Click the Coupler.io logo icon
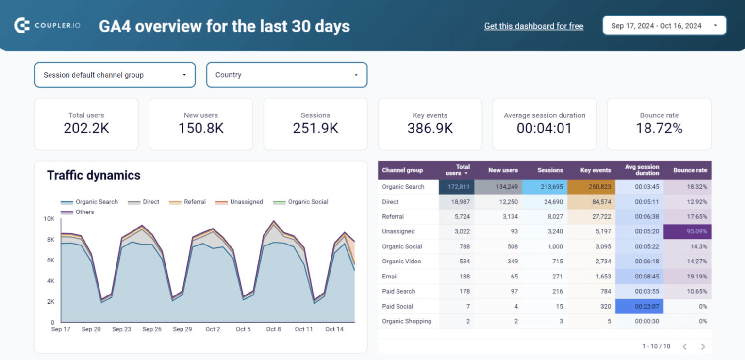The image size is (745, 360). (x=22, y=26)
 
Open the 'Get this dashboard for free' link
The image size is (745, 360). (x=533, y=26)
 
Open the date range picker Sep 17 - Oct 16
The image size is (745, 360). (x=664, y=26)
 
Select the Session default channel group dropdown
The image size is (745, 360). (x=115, y=75)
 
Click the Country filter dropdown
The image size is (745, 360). (x=286, y=75)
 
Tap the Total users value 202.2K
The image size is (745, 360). (x=86, y=129)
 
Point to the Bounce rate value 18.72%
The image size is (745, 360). (x=659, y=129)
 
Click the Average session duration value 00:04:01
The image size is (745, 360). (x=544, y=129)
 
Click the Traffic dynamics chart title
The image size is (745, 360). (x=94, y=175)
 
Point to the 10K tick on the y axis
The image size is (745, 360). (x=49, y=219)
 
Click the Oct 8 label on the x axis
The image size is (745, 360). (x=273, y=329)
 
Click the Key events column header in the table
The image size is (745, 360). (x=595, y=170)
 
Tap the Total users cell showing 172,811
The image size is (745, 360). (x=456, y=187)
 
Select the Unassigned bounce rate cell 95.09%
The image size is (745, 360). (x=687, y=232)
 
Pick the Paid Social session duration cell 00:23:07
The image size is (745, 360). (x=639, y=307)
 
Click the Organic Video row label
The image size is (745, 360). (x=401, y=262)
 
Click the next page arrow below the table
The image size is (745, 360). (x=702, y=346)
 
